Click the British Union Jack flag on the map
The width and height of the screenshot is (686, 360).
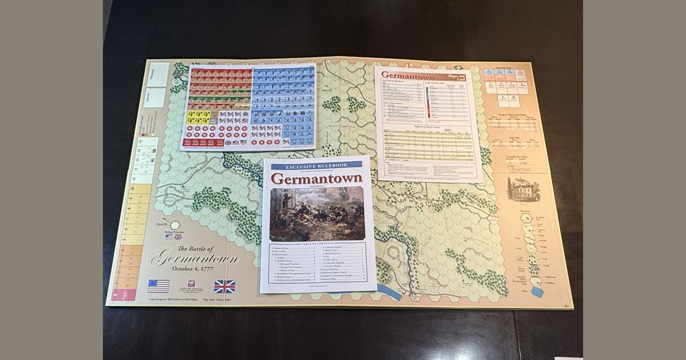coord(224,286)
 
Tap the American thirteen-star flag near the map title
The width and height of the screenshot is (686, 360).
coord(158,286)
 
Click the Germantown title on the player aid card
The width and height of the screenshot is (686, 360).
coord(408,75)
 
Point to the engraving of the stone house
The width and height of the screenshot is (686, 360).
coord(524,189)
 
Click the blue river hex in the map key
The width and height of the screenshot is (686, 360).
coord(537,291)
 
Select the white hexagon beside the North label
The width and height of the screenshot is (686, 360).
coord(174,225)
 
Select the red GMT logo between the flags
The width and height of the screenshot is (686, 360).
coord(192,284)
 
